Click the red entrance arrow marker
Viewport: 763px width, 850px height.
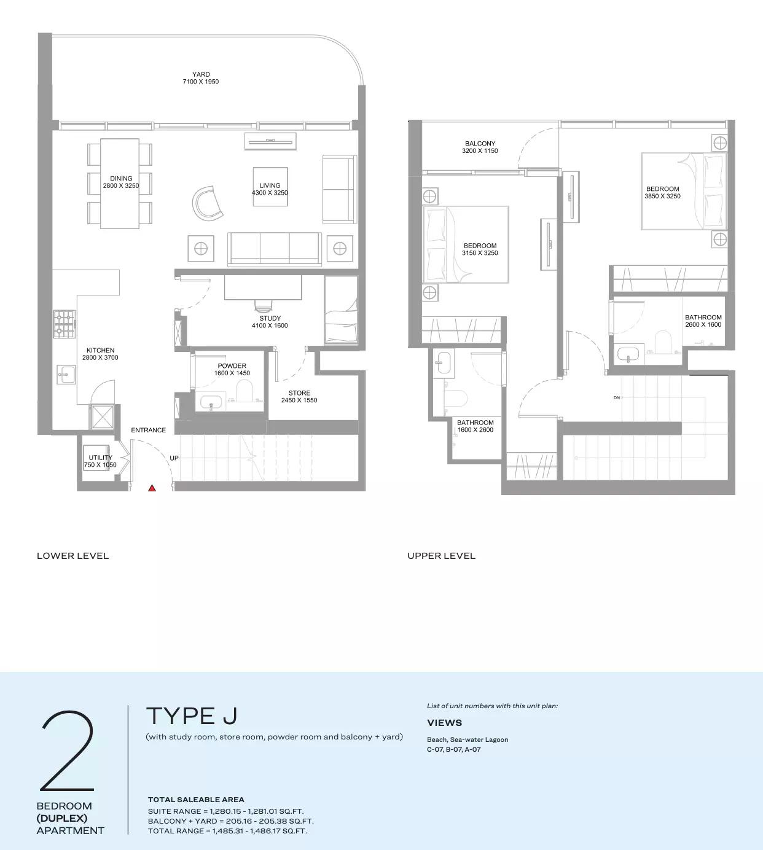tap(152, 488)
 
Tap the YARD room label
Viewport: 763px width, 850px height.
tap(201, 74)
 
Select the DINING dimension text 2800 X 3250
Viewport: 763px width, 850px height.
tap(121, 185)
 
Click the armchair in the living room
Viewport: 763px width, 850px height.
tap(207, 203)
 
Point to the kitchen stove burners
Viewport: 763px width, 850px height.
tap(65, 324)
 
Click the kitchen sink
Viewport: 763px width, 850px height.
tap(66, 373)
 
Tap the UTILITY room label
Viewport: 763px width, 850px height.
tap(100, 458)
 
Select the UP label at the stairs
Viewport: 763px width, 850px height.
tap(174, 458)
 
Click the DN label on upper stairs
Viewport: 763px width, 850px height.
tap(616, 398)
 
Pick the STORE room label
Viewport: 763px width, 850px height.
tap(299, 393)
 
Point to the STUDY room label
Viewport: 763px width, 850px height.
tap(270, 318)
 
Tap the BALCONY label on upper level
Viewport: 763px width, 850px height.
tap(480, 144)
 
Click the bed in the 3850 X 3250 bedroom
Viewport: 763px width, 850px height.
tap(683, 191)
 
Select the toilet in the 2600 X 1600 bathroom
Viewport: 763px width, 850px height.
tap(663, 343)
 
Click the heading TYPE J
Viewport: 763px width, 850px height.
tap(192, 716)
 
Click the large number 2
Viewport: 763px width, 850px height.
tap(68, 751)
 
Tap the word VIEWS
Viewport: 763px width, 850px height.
tap(444, 723)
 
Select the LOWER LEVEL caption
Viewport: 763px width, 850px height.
tap(72, 556)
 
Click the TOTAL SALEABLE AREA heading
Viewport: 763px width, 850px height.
tap(196, 800)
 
